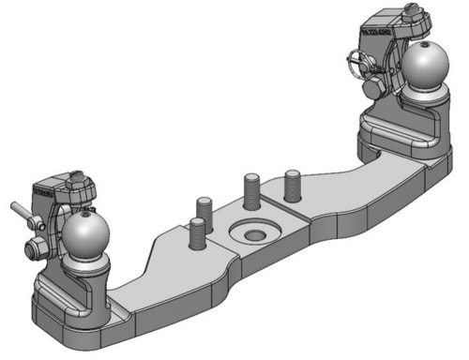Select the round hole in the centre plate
252,231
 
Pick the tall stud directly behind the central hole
251,191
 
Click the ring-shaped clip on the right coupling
356,67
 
